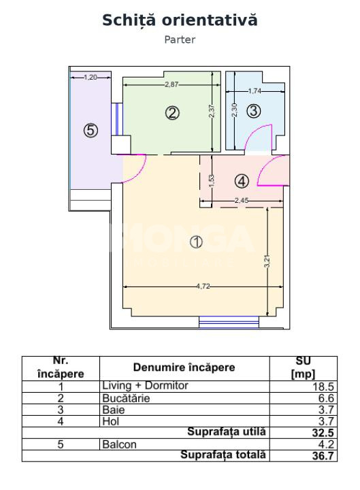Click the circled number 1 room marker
[x=196, y=242]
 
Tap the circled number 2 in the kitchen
[x=172, y=113]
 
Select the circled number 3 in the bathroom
[x=253, y=111]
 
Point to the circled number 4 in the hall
[x=242, y=181]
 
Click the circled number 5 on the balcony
[x=91, y=130]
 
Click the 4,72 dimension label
[x=203, y=287]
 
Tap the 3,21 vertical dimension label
[x=267, y=261]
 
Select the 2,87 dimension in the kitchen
[x=171, y=84]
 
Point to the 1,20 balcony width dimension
[x=91, y=77]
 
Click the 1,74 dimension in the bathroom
[x=255, y=91]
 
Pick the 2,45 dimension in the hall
[x=242, y=200]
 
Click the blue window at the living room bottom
[x=229, y=322]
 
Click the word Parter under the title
[x=180, y=39]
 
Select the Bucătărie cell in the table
[x=126, y=398]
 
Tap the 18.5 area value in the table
[x=323, y=387]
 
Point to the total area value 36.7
[x=323, y=455]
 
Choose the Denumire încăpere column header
[x=184, y=367]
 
